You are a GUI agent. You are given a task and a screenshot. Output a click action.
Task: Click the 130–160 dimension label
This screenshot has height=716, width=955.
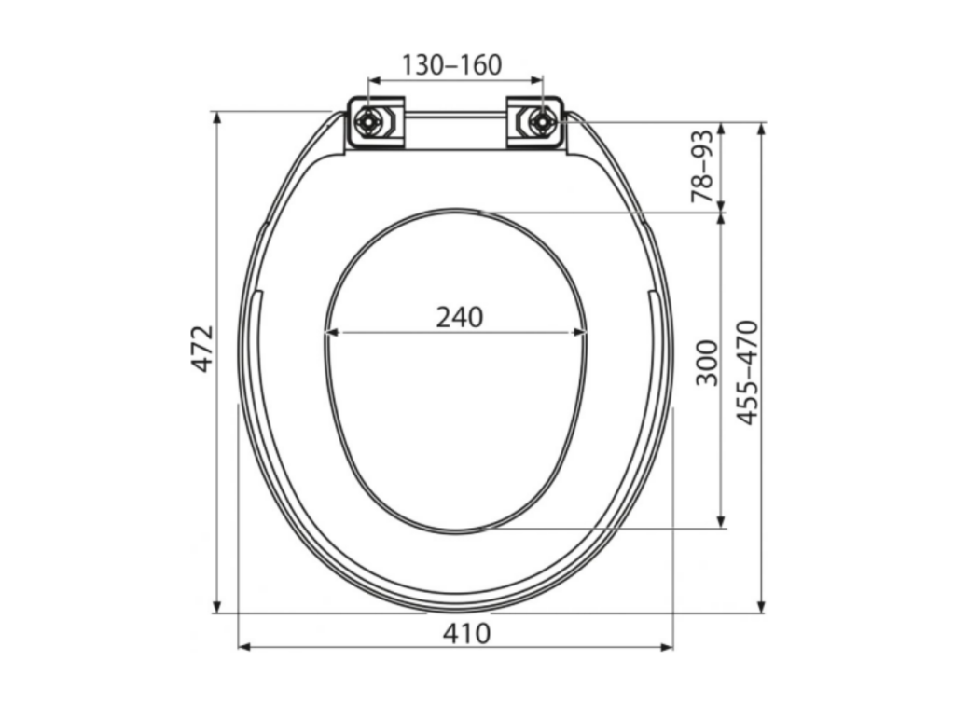click(452, 64)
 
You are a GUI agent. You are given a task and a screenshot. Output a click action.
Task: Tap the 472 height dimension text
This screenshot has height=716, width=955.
click(202, 349)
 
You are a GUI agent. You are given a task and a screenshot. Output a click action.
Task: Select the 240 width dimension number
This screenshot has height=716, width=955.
click(460, 317)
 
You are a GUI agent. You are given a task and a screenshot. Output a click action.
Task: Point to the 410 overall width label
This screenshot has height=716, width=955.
click(466, 634)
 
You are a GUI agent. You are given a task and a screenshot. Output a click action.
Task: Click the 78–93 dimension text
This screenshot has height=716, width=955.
click(701, 166)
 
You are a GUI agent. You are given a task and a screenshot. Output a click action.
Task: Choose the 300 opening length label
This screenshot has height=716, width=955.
click(707, 363)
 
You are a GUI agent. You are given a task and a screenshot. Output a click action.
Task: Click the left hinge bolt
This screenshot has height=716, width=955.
click(368, 122)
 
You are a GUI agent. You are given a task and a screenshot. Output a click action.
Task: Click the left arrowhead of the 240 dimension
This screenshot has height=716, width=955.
click(331, 332)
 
